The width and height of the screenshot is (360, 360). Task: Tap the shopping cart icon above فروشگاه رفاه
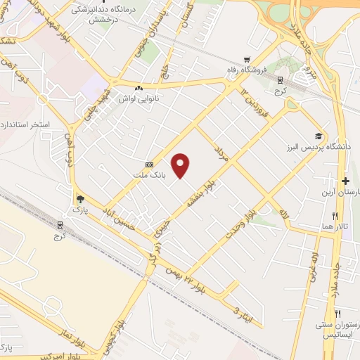coord(245,59)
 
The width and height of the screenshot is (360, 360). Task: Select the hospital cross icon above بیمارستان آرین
coord(345,181)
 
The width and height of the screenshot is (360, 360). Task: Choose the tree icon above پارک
coord(79,200)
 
